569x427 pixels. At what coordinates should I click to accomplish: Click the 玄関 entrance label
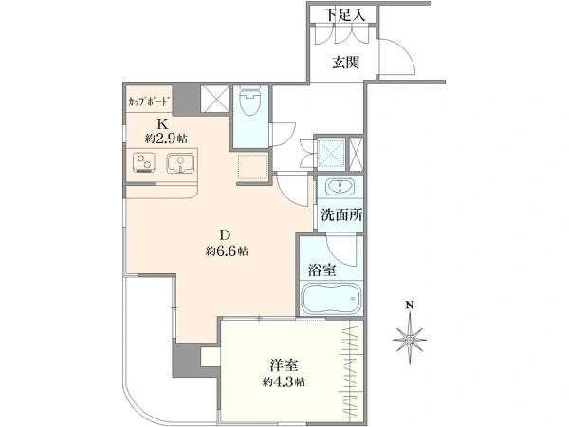346,63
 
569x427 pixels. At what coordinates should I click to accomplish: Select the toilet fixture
250,101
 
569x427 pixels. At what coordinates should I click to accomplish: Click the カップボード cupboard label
149,102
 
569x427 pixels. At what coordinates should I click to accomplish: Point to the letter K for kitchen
162,124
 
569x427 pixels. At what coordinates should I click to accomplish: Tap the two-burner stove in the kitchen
144,162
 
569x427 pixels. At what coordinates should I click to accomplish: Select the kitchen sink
180,162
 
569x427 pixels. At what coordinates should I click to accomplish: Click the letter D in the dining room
225,235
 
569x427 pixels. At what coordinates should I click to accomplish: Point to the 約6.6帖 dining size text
227,251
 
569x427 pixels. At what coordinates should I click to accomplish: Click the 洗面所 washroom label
341,215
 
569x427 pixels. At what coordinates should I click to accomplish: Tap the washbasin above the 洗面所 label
340,187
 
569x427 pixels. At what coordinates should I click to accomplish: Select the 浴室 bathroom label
321,270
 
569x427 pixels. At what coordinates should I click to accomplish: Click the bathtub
331,299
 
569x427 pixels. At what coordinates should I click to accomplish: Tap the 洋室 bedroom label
284,365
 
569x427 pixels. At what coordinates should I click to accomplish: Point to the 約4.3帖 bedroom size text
284,381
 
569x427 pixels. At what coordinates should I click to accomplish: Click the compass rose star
410,339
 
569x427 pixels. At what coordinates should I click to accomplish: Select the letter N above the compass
410,305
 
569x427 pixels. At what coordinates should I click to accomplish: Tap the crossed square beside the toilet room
215,99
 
